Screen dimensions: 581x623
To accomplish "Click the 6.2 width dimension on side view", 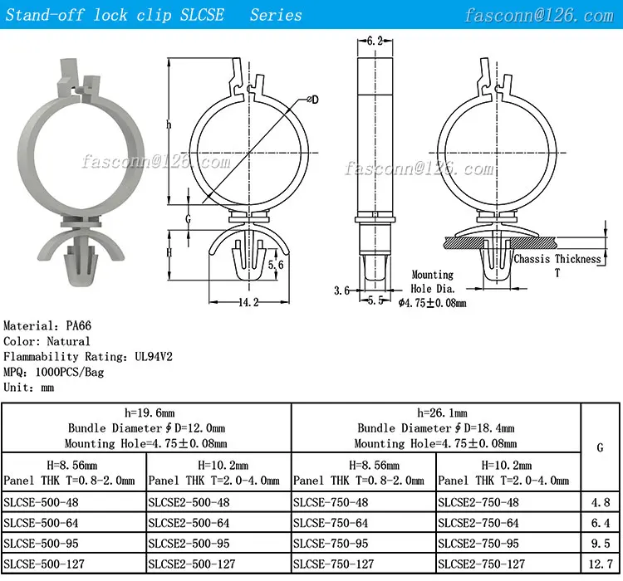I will [x=375, y=40].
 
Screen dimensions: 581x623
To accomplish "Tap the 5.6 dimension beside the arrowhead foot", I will [x=277, y=264].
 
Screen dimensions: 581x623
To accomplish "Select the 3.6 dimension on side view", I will [x=341, y=290].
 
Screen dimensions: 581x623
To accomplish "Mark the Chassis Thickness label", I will [x=557, y=259].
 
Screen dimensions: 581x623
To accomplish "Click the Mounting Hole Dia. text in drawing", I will [x=433, y=281].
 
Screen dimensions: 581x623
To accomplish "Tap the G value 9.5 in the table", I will [x=600, y=544].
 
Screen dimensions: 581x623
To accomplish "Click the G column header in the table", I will [x=600, y=447].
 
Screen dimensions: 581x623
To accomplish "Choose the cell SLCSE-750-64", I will [x=331, y=523].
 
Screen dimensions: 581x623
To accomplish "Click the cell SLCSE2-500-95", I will [x=189, y=544].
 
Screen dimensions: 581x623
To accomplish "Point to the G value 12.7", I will [x=600, y=564].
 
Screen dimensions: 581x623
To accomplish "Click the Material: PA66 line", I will [x=42, y=326].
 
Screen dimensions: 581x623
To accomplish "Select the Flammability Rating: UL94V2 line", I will [x=88, y=356].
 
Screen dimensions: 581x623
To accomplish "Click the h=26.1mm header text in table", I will [x=435, y=413].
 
